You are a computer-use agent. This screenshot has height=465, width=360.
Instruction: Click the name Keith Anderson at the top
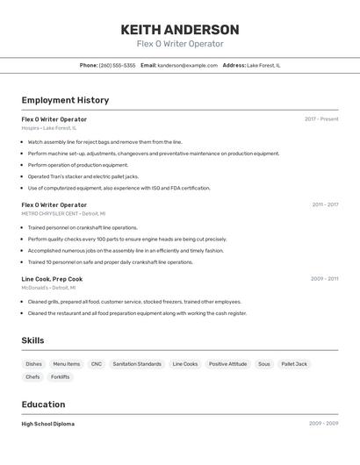pos(180,30)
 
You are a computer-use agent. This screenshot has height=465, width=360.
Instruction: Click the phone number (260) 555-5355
pos(117,65)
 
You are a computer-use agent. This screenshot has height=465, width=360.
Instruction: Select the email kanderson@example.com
pos(187,65)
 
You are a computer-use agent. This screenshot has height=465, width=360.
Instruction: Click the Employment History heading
pos(65,101)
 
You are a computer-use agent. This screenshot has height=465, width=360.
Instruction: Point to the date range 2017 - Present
pos(321,119)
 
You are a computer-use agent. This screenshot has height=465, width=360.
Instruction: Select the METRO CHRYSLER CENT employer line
pos(63,213)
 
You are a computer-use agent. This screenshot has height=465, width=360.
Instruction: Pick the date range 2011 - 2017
pos(325,204)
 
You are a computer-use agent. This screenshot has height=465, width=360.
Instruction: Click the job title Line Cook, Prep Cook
pos(52,279)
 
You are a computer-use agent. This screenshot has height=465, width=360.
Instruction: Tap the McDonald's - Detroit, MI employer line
pos(48,288)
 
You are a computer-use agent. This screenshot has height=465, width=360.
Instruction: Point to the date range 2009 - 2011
pos(324,279)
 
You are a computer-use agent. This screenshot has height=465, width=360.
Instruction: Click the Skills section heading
pos(32,340)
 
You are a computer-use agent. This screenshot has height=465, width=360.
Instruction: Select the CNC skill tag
pos(97,364)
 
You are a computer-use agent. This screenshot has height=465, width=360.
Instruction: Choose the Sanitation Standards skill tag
pos(137,364)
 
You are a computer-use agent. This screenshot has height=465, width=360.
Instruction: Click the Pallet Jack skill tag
pos(294,364)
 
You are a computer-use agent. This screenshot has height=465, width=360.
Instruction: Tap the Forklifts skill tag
pos(61,377)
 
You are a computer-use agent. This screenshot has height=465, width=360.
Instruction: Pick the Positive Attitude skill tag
pos(227,364)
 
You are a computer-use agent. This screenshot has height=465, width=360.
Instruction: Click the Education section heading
pos(43,404)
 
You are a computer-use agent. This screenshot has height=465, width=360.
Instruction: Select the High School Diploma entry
pos(48,424)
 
